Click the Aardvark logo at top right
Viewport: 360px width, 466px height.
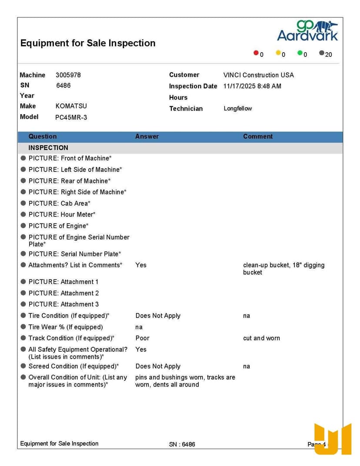307,31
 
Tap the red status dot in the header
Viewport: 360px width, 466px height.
256,53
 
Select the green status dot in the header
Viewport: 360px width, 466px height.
300,53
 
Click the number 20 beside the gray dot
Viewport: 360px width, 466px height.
328,54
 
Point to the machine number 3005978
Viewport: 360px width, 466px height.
68,75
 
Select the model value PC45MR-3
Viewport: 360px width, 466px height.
71,117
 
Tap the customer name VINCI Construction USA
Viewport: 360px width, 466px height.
258,75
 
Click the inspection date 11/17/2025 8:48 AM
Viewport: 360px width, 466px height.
252,86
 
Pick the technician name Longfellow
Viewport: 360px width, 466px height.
237,108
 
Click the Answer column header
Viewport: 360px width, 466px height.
147,136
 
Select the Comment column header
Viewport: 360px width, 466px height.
258,136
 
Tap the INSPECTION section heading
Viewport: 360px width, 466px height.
48,148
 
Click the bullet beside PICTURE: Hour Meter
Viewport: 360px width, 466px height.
23,214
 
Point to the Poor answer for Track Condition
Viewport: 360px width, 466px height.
142,338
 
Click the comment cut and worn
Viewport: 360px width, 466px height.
261,338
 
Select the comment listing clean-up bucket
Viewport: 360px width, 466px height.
283,269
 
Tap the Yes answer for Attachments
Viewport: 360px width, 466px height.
141,265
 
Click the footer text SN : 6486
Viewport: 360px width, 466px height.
182,444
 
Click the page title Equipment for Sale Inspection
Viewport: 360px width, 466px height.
88,43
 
